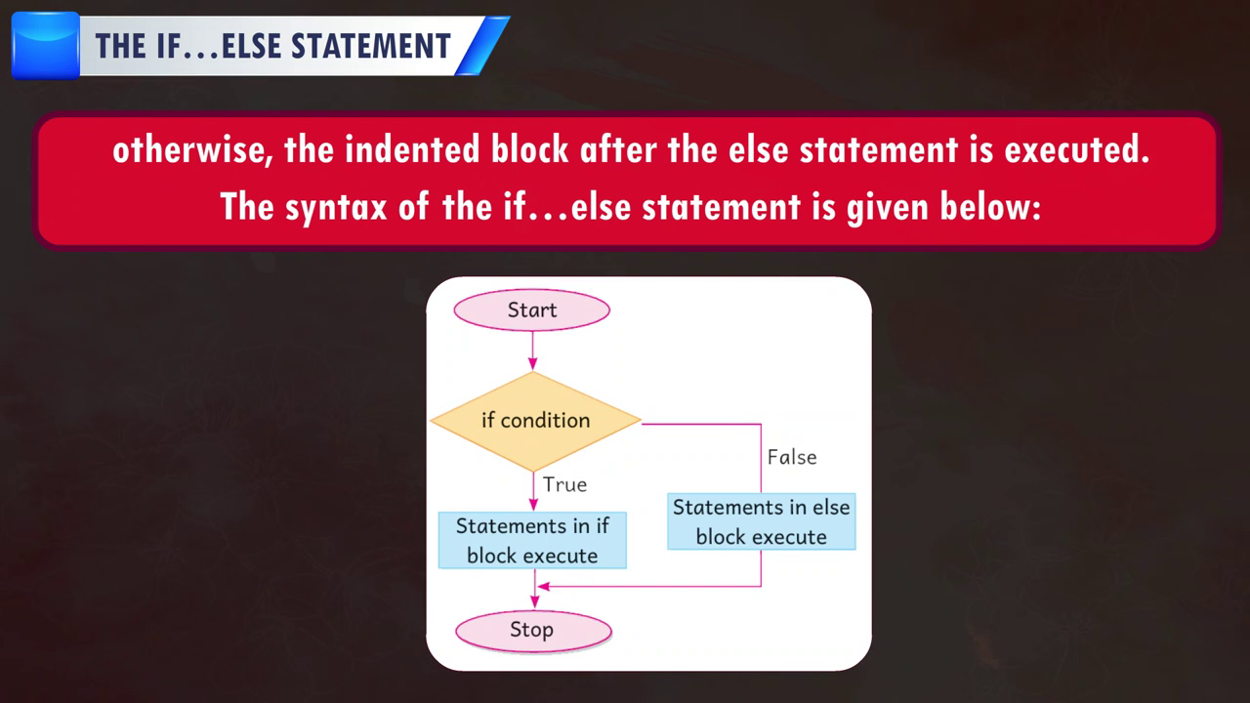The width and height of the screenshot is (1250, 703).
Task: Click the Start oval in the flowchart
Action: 532,310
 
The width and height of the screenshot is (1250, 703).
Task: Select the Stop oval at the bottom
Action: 533,631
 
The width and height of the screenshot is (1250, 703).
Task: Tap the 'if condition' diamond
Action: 535,421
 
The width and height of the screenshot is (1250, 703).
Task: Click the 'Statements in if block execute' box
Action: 532,540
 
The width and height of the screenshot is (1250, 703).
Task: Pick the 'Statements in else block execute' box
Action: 761,521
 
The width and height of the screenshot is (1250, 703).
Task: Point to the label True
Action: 564,484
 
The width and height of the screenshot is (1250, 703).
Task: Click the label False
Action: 792,457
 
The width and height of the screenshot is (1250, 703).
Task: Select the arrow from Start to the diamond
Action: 532,351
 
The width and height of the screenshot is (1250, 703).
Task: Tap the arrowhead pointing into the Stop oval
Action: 534,602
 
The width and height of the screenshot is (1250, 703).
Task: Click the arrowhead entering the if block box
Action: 533,505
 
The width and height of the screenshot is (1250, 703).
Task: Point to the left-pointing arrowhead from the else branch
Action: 544,587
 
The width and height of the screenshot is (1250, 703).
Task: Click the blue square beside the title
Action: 46,46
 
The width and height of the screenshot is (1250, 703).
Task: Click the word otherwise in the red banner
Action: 192,149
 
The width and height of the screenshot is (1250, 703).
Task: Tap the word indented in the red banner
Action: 412,149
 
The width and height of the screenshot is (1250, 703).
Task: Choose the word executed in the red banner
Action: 1077,149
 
